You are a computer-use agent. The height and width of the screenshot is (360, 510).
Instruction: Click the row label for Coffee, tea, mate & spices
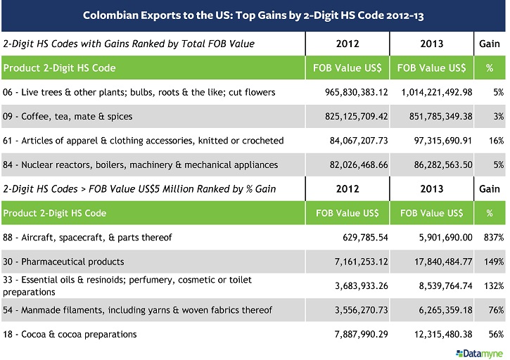coord(68,116)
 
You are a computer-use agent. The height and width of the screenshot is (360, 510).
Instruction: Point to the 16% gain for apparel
coord(496,141)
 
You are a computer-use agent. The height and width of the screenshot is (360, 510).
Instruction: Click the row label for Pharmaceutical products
coord(63,262)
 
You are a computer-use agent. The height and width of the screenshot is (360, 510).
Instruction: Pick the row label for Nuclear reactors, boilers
coord(141,165)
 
